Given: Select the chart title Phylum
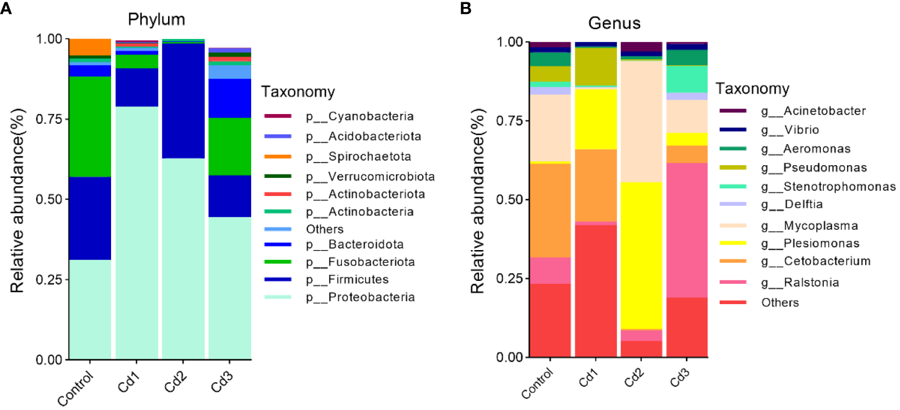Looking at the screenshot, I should (x=158, y=19).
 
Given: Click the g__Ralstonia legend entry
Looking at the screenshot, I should (x=792, y=282).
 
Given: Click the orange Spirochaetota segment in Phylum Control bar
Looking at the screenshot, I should (x=90, y=47).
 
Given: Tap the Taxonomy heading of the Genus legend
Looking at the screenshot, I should (x=752, y=88).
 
